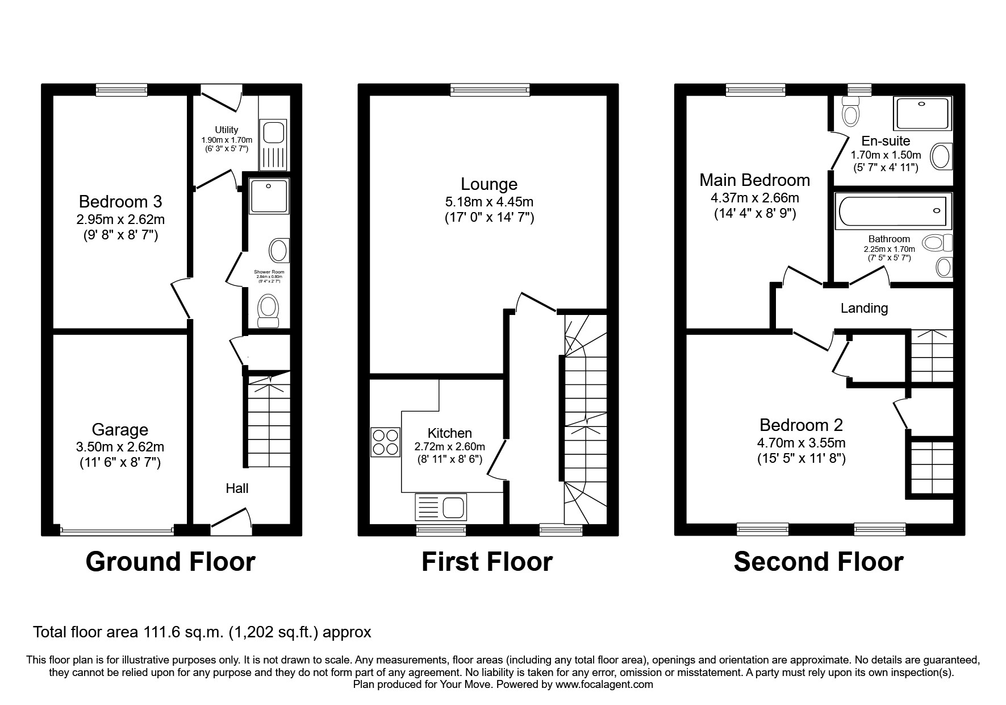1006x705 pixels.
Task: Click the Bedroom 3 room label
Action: [x=120, y=202]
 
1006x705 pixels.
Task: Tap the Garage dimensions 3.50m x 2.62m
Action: [x=120, y=447]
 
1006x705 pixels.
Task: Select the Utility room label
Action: [x=227, y=130]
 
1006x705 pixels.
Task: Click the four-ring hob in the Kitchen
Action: [x=386, y=442]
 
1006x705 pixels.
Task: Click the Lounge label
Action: [x=489, y=184]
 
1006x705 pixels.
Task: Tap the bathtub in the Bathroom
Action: [x=892, y=212]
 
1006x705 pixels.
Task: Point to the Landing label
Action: [x=864, y=308]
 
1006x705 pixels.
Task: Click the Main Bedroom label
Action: [x=754, y=180]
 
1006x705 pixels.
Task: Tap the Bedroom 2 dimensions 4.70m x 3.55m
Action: [x=801, y=443]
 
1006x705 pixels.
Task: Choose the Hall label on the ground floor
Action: [x=237, y=488]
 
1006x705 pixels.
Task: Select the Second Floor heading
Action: [x=818, y=562]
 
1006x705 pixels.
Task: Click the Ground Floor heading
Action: [x=170, y=562]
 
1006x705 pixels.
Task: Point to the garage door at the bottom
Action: [x=117, y=532]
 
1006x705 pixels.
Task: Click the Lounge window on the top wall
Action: [x=490, y=89]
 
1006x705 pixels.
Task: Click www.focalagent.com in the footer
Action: [x=604, y=685]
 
